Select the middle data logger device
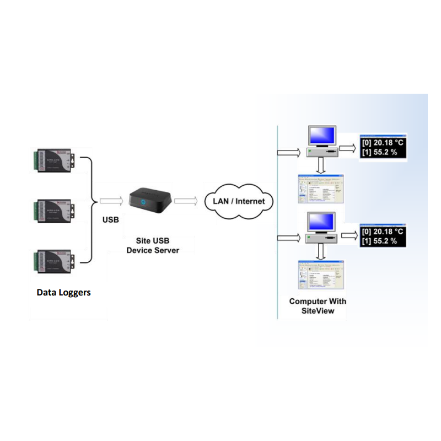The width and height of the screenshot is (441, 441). tap(55, 209)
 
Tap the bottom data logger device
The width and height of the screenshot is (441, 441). tap(55, 260)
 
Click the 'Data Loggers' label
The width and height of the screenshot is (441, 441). tap(63, 292)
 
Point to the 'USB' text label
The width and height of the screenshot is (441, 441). tap(111, 220)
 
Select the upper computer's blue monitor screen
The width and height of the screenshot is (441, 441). tap(321, 135)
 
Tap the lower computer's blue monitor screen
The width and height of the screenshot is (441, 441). tap(321, 222)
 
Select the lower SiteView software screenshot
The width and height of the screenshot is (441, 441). tap(320, 275)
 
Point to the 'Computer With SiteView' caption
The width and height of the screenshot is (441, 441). tap(318, 306)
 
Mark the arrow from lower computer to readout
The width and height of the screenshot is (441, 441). tap(349, 236)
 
